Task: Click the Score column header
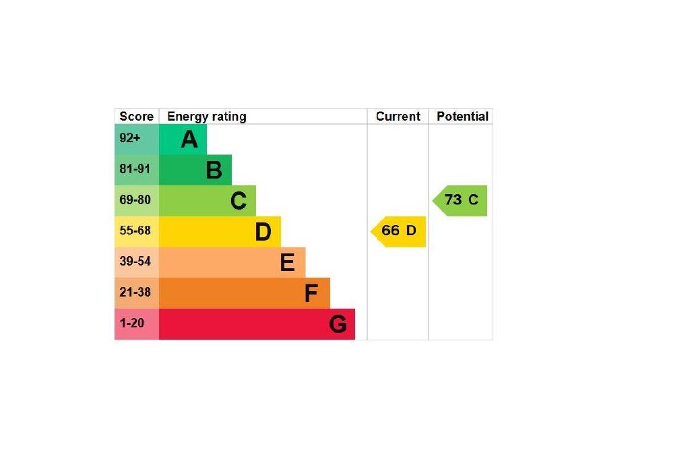136,117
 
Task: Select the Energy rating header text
206,117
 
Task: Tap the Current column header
398,117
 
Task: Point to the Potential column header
462,117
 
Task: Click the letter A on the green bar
189,140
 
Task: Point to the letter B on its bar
214,171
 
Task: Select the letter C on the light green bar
239,201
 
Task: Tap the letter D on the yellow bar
263,232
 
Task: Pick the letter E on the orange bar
287,263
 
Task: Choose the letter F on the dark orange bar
311,293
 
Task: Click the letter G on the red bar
338,324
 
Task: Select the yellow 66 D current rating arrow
399,231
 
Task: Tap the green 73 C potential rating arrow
461,200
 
